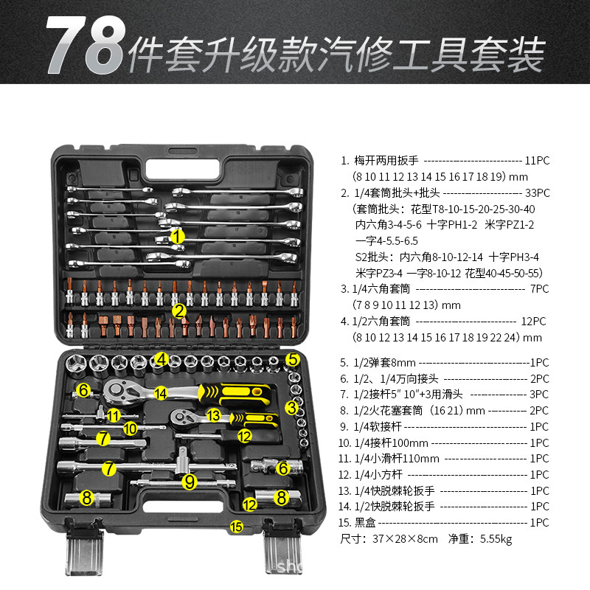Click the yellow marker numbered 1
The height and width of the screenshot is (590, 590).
pos(177,237)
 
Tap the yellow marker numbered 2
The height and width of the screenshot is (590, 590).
pos(178,310)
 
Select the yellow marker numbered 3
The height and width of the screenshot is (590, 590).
pos(293,406)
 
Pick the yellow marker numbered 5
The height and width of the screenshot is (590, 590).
pos(293,360)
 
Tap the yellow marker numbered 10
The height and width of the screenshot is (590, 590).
pos(130,427)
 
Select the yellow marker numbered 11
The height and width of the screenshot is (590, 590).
pos(112,415)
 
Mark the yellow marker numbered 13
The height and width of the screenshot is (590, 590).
pos(214,416)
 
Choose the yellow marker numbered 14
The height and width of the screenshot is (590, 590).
pos(161,393)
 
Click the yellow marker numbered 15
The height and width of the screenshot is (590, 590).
pos(236,526)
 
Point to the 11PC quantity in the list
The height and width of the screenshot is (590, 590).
pos(536,160)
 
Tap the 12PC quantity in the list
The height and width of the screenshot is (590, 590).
pos(533,322)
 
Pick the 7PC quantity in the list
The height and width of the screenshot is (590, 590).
pos(540,289)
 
